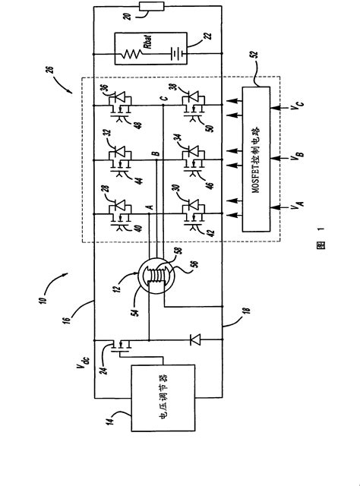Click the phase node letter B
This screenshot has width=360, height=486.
pos(155,155)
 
